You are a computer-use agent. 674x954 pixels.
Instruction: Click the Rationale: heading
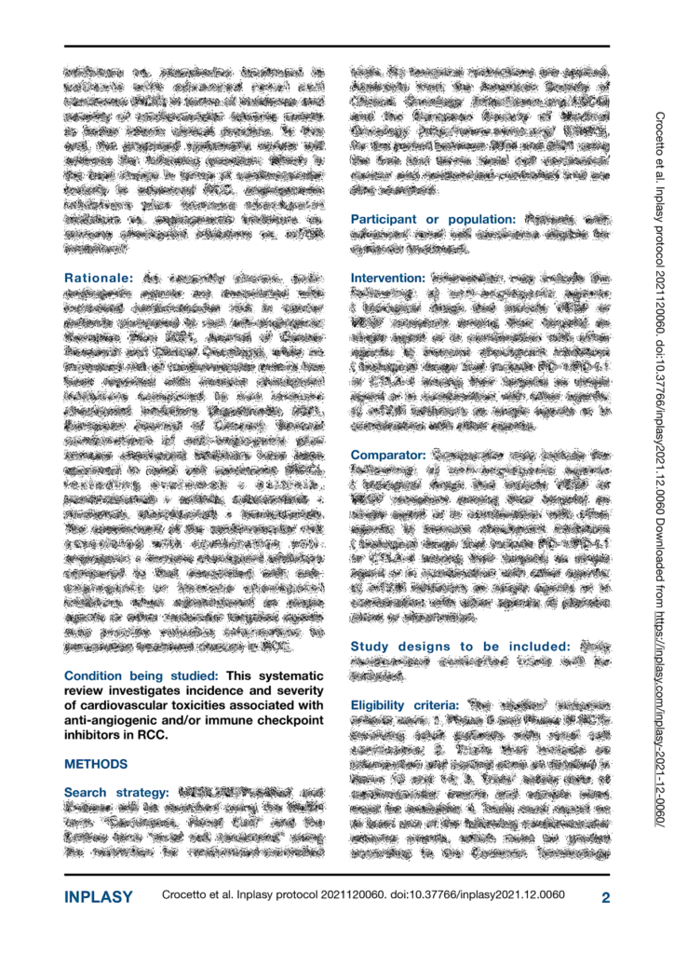[x=99, y=278]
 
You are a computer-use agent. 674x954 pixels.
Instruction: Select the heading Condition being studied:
[x=141, y=675]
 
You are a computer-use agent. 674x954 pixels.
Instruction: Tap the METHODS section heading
[x=96, y=764]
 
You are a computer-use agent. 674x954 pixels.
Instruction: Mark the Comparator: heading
[x=387, y=455]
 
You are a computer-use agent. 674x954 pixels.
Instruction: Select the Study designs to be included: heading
[x=460, y=647]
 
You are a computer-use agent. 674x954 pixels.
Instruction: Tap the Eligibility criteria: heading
[x=404, y=705]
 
